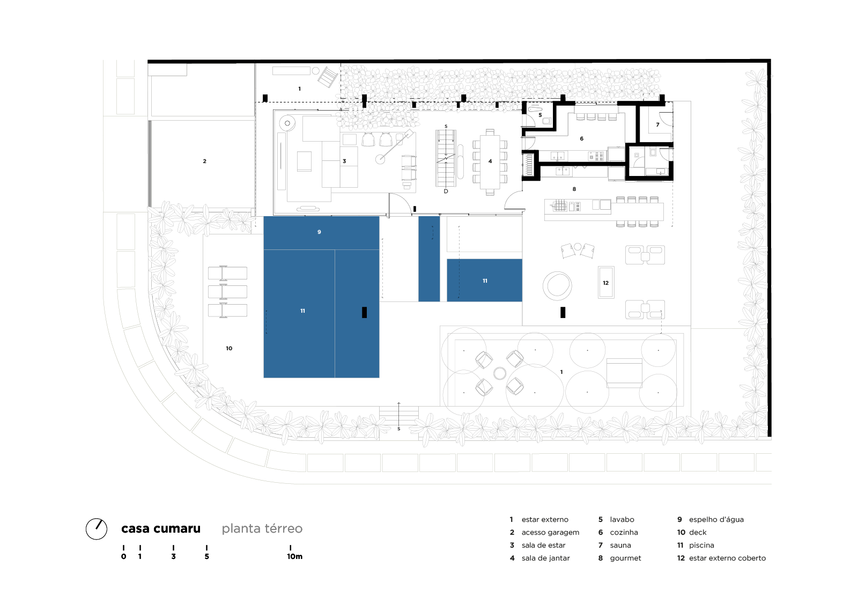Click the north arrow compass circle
tap(97, 529)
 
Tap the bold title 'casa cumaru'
tap(161, 528)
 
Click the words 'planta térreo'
tap(262, 529)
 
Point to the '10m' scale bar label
tap(294, 556)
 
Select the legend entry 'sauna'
tap(620, 546)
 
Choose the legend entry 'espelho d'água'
tap(716, 520)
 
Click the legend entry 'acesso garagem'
tap(550, 533)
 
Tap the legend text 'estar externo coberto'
tap(727, 558)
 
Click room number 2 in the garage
tap(204, 161)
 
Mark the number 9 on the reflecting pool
tap(319, 232)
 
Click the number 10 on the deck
tap(229, 348)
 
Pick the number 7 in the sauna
tap(657, 124)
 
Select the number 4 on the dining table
tap(490, 161)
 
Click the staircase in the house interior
tap(446, 158)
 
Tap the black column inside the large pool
tap(364, 312)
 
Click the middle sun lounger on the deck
tap(227, 292)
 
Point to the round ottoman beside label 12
tap(557, 286)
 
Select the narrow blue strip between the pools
tap(429, 259)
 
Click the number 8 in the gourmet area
tap(574, 189)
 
